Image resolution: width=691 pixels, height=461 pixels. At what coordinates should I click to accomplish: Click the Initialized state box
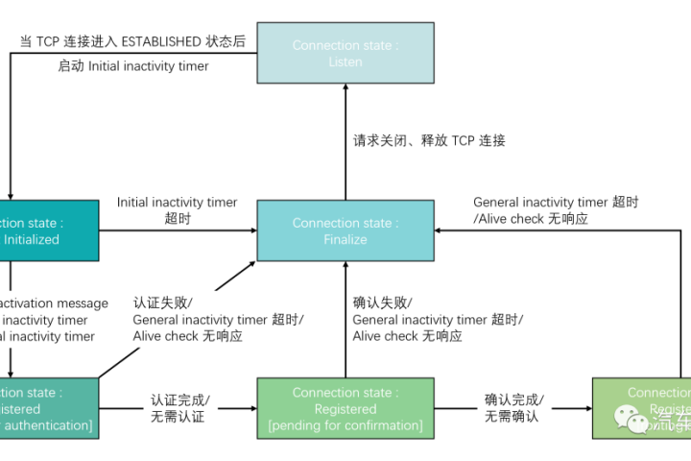click(x=48, y=230)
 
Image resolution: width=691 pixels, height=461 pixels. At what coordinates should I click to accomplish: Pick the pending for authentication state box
click(x=48, y=408)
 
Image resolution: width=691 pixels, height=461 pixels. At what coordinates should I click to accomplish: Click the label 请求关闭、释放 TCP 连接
click(x=428, y=140)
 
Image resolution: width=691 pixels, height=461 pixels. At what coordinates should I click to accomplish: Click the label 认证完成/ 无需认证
click(x=179, y=408)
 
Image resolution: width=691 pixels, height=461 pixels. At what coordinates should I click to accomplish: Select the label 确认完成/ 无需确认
click(x=512, y=408)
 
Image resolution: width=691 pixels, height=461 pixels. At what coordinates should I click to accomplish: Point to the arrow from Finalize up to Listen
click(x=345, y=144)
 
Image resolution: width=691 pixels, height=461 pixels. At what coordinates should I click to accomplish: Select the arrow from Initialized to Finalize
click(x=178, y=230)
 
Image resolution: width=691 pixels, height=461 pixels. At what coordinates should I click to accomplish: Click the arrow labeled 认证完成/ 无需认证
click(x=179, y=409)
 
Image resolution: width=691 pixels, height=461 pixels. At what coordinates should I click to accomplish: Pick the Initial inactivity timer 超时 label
click(x=178, y=210)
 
